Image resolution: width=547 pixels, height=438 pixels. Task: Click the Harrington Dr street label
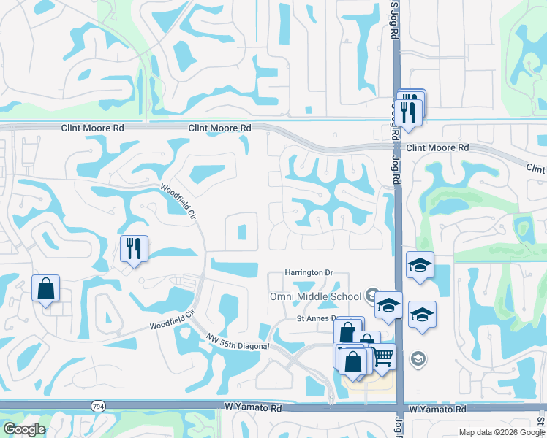tap(308, 272)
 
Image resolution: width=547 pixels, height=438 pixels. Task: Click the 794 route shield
tap(97, 405)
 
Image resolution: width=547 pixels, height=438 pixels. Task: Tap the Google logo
tap(24, 429)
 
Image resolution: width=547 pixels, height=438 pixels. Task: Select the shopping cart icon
tap(383, 357)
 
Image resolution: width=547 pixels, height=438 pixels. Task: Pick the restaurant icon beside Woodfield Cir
tap(135, 248)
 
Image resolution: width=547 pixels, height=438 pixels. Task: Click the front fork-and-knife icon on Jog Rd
tap(408, 112)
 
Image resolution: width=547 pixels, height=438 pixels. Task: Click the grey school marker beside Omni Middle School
tap(373, 296)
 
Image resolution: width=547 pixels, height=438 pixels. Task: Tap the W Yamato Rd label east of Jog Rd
tap(439, 411)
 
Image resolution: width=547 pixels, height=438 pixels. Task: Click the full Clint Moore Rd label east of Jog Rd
tap(437, 147)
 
